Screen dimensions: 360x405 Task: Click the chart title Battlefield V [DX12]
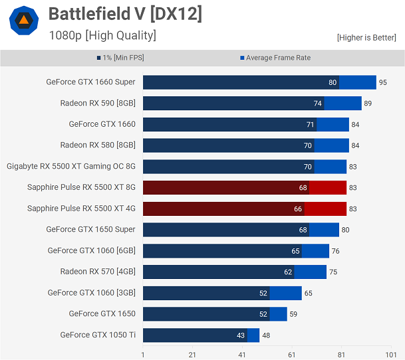pos(125,14)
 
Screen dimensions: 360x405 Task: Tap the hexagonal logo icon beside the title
pos(23,21)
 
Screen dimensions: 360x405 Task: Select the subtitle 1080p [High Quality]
pos(102,35)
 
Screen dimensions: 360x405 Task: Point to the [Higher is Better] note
pos(366,37)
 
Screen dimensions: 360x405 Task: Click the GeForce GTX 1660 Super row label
pos(90,82)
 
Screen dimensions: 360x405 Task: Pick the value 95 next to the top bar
pos(383,82)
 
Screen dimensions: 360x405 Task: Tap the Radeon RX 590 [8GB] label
pos(98,103)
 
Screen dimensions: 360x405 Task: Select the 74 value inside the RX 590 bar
pos(318,104)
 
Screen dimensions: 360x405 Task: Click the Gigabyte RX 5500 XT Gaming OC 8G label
pos(71,166)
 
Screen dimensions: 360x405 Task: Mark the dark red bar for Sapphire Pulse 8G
pos(226,187)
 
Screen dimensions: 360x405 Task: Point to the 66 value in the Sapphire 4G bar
pos(298,209)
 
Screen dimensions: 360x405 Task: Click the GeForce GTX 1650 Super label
pos(90,229)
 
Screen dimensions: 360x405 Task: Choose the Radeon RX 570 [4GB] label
pos(98,271)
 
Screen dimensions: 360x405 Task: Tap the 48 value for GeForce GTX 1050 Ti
pos(266,335)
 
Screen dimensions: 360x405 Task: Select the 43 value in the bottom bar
pos(241,335)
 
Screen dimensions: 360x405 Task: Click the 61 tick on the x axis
pos(291,355)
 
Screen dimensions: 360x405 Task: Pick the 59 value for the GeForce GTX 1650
pos(293,314)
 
